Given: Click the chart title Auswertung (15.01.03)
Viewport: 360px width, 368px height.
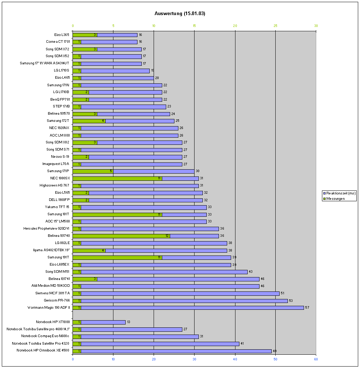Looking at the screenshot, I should pyautogui.click(x=179, y=14).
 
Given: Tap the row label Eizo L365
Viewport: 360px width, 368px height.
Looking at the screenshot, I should pyautogui.click(x=60, y=35).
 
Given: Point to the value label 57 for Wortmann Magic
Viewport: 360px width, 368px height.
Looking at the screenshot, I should pyautogui.click(x=307, y=308).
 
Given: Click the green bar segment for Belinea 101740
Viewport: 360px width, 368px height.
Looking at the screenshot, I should pyautogui.click(x=121, y=236).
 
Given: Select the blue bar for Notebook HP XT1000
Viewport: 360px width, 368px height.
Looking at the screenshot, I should pyautogui.click(x=103, y=322).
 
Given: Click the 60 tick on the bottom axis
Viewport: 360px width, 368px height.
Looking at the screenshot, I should pyautogui.click(x=316, y=359).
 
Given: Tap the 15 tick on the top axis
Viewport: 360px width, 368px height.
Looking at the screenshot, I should pyautogui.click(x=194, y=26).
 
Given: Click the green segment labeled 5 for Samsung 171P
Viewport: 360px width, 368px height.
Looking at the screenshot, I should pyautogui.click(x=93, y=171).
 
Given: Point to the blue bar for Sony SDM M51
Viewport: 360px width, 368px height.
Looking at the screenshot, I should pyautogui.click(x=164, y=272).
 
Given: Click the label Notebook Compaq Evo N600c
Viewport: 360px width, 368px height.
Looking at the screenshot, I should pyautogui.click(x=45, y=336).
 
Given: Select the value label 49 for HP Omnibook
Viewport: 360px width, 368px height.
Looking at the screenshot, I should pyautogui.click(x=275, y=351).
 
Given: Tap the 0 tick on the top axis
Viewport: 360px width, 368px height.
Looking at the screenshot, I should pyautogui.click(x=73, y=26).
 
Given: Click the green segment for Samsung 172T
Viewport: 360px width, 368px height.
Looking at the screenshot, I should pyautogui.click(x=89, y=121).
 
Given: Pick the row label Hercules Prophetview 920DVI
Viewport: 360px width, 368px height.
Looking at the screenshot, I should pyautogui.click(x=46, y=229).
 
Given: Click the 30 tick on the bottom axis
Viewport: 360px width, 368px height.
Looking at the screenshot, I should pyautogui.click(x=194, y=359).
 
